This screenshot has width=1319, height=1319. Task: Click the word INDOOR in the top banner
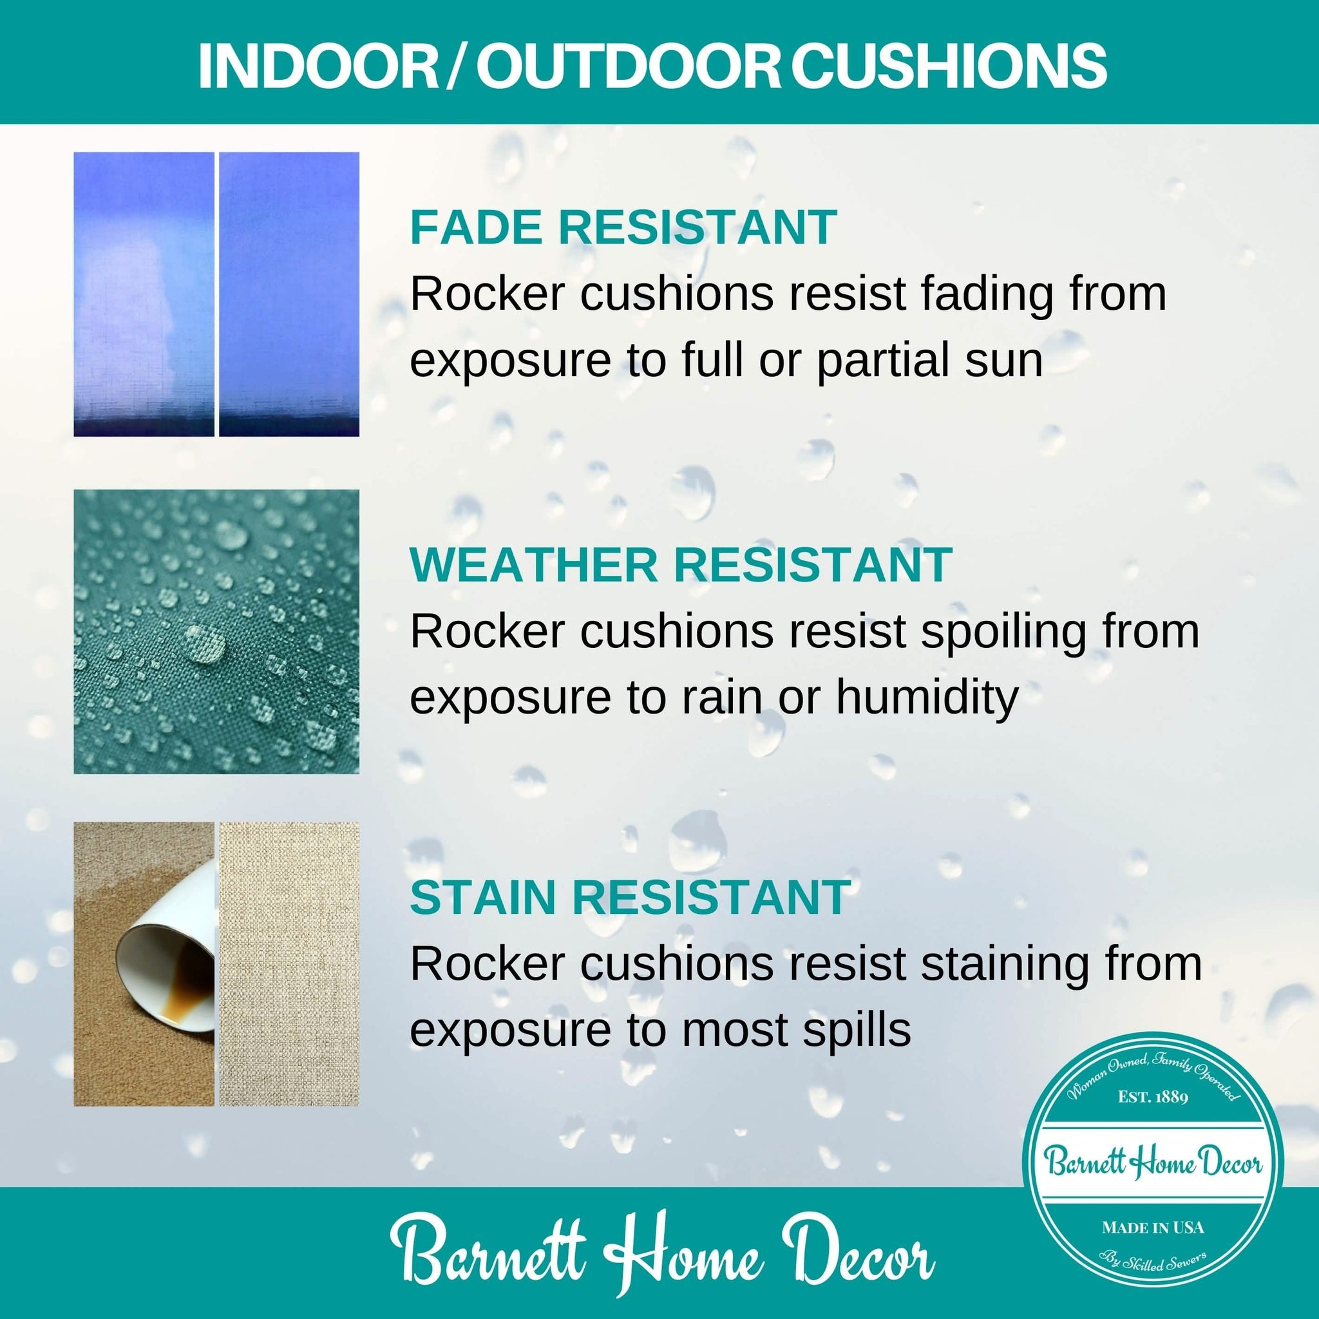pyautogui.click(x=318, y=66)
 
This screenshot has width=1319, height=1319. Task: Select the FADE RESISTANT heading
pyautogui.click(x=623, y=227)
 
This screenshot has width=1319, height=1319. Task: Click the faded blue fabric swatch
pyautogui.click(x=144, y=294)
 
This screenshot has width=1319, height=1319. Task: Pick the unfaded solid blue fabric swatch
pyautogui.click(x=289, y=294)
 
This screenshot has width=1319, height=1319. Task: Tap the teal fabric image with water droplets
pyautogui.click(x=216, y=632)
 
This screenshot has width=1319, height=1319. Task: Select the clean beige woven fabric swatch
pyautogui.click(x=289, y=963)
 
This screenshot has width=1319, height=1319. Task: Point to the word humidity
pyautogui.click(x=927, y=697)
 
